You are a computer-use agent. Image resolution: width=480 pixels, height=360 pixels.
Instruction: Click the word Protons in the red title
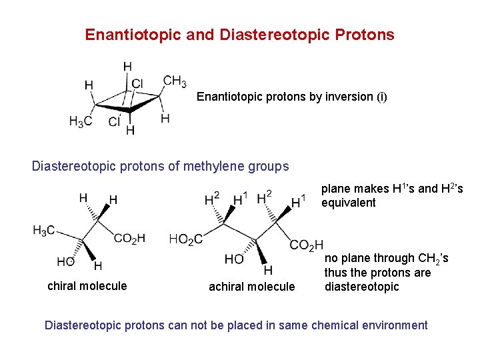tap(366, 34)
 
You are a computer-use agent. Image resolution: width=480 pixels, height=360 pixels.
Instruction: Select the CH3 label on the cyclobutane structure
tap(175, 81)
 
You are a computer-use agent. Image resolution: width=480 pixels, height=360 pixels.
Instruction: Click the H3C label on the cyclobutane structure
tap(81, 121)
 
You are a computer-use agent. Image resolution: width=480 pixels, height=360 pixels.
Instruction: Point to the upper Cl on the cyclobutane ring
tap(137, 83)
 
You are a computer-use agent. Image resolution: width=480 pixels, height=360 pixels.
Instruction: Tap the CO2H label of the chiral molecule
tap(129, 239)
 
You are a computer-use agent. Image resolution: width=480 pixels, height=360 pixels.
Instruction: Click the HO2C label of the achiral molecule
tap(186, 239)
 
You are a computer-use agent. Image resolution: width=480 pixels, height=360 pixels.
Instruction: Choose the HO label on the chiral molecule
tap(66, 262)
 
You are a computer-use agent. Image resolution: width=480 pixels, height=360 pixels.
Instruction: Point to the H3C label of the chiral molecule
tap(44, 231)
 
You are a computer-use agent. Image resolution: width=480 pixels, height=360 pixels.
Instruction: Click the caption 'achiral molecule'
tap(251, 287)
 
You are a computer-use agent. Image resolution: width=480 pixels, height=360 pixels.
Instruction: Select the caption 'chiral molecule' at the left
tap(87, 286)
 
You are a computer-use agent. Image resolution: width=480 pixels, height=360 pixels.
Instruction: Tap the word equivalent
tap(349, 203)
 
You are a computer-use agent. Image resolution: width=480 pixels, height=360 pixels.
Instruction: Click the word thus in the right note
tap(335, 273)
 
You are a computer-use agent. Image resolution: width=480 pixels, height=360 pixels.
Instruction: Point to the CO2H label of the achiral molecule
tap(306, 245)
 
